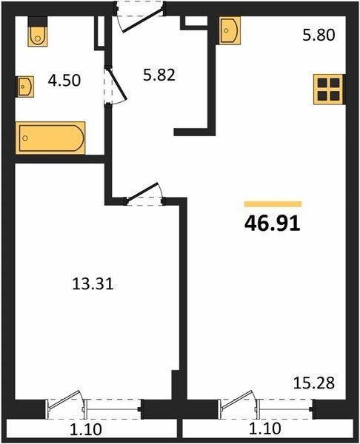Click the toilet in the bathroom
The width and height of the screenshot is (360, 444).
tap(38, 31)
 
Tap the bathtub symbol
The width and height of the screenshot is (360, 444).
tap(50, 138)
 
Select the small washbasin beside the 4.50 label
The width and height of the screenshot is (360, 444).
tap(24, 87)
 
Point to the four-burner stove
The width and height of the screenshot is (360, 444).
tap(329, 90)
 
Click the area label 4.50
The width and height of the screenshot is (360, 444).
tap(64, 81)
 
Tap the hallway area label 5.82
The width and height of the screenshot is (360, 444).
tap(159, 75)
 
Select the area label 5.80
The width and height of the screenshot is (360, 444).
tap(319, 36)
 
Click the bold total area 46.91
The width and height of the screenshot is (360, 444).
tap(273, 223)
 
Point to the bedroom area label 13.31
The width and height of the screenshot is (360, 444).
tap(93, 283)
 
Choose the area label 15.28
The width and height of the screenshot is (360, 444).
tap(314, 383)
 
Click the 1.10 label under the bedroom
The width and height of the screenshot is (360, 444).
tap(86, 429)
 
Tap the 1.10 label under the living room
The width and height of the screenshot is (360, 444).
tap(265, 429)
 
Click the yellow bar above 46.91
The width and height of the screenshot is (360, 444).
tap(273, 204)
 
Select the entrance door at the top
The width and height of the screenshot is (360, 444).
tap(140, 17)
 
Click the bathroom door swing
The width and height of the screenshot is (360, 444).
tap(116, 86)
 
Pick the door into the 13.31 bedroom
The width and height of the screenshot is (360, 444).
tap(144, 194)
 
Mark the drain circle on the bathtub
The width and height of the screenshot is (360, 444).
tap(25, 138)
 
